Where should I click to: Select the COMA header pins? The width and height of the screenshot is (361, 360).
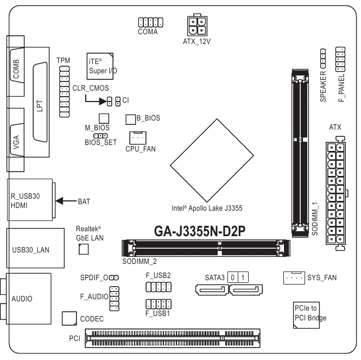[150, 22]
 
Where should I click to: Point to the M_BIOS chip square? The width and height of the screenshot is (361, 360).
[104, 118]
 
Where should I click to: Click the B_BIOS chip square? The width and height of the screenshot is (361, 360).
[130, 118]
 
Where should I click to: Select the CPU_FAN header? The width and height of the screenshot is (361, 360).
[138, 137]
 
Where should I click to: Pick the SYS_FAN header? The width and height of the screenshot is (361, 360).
[294, 277]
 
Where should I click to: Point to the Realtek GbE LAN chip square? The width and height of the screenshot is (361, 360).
[83, 249]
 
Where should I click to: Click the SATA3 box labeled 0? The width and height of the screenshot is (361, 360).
[232, 277]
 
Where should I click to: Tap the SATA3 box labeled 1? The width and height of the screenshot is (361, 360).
[243, 277]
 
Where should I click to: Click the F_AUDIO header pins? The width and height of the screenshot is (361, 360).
[114, 300]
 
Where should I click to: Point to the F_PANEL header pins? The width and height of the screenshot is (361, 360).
[340, 59]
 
